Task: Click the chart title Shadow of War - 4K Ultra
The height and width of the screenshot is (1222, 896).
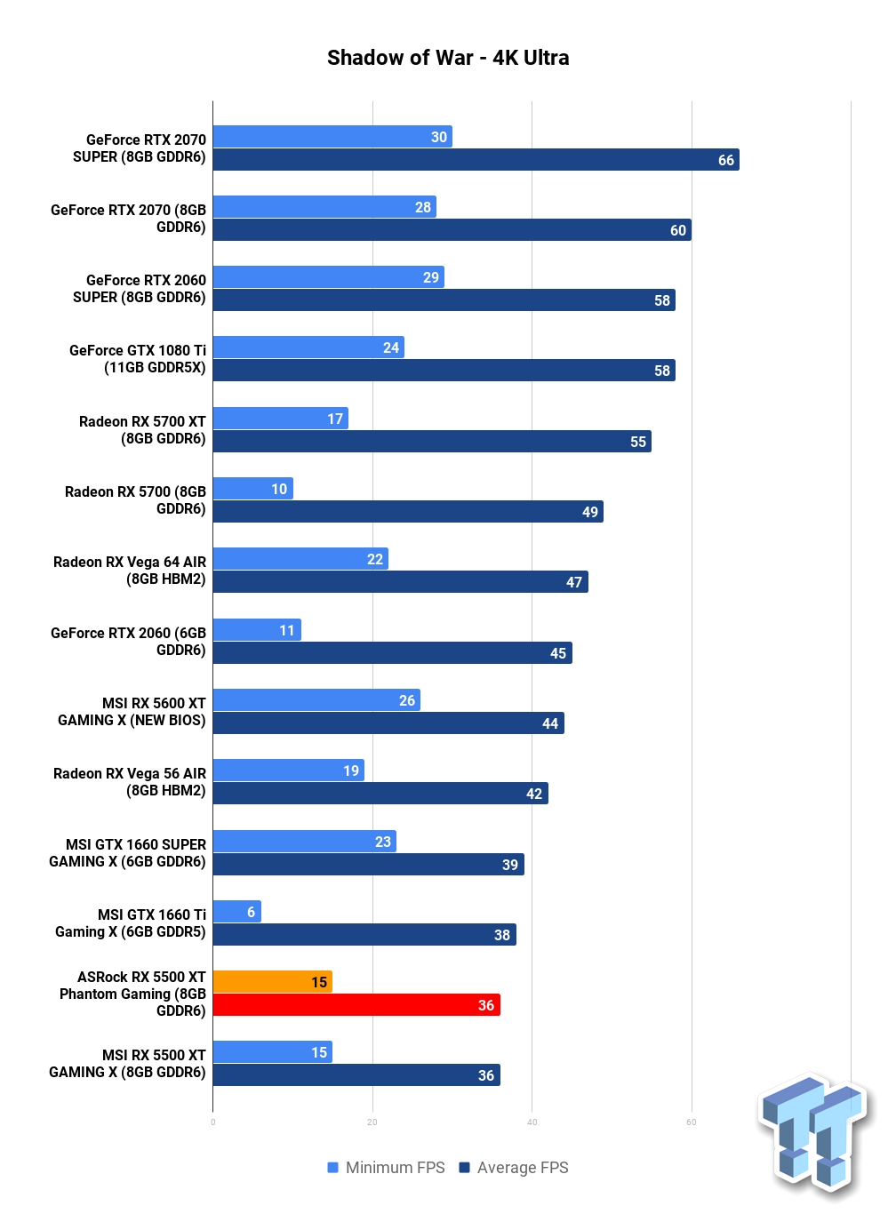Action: [447, 58]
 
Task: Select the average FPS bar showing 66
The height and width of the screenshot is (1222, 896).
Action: [476, 159]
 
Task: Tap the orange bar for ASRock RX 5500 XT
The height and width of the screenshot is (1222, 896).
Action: [272, 981]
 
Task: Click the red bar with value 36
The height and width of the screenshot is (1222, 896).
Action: [356, 1005]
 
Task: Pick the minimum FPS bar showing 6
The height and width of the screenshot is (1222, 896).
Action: [236, 911]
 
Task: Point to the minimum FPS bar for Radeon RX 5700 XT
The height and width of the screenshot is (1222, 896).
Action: [281, 418]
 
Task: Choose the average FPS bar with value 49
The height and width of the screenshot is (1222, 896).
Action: [408, 511]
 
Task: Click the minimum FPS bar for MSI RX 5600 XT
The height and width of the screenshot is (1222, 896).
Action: [316, 700]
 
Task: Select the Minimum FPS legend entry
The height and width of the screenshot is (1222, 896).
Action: [386, 1168]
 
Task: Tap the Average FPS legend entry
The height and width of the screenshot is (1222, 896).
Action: [514, 1168]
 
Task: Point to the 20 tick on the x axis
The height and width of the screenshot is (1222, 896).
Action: [372, 1122]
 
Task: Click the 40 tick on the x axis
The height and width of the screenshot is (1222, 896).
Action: [532, 1122]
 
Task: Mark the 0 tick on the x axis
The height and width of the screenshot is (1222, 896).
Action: [212, 1122]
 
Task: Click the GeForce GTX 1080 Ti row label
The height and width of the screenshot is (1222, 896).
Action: [138, 358]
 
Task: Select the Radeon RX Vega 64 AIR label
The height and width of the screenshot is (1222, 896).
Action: [129, 570]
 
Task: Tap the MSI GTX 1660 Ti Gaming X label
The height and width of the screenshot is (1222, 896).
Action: [131, 922]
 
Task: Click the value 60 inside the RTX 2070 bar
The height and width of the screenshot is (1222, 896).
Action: [677, 230]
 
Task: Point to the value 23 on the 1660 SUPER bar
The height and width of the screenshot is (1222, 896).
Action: [382, 842]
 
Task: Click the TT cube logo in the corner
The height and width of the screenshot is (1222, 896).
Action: [813, 1134]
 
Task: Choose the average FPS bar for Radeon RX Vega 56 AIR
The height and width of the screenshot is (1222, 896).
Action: [380, 794]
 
